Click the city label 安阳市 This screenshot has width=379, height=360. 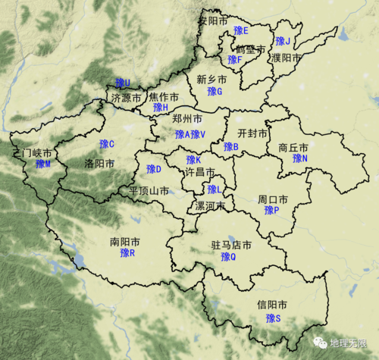click(215, 20)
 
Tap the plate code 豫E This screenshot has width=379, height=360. click(241, 30)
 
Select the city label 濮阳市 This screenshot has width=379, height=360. click(287, 58)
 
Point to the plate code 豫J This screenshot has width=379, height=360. click(283, 41)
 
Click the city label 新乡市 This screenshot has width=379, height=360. click(211, 80)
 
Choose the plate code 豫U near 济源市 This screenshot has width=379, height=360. click(122, 83)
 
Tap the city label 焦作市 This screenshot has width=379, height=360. click(164, 97)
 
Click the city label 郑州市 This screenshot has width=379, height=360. click(187, 121)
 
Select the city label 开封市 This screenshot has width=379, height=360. click(252, 133)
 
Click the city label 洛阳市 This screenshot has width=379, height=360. click(99, 163)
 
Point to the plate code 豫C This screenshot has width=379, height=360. click(106, 144)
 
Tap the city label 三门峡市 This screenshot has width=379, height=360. click(36, 153)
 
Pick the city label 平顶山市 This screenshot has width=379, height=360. click(149, 190)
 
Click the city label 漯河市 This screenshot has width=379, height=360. click(210, 205)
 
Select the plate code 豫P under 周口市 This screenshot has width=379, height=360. click(271, 210)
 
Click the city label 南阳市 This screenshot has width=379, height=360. click(124, 243)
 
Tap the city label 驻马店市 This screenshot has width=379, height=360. click(231, 246)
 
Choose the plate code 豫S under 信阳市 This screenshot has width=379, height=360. click(273, 318)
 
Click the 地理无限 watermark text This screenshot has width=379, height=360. click(352, 343)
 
